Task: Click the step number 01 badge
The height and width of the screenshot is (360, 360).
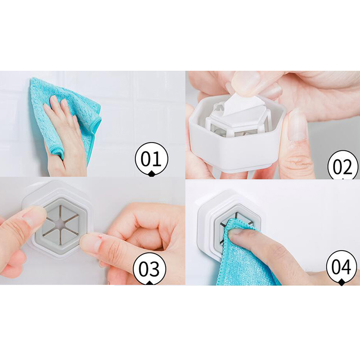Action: click(151, 159)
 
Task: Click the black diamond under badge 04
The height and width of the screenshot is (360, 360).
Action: click(342, 283)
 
